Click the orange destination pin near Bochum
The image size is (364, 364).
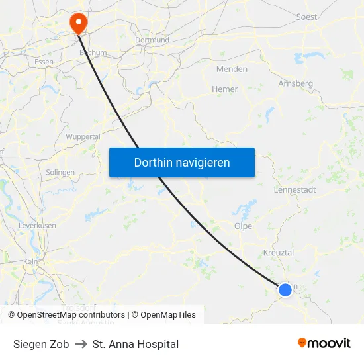[x=78, y=23]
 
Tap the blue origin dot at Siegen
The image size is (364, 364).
[x=285, y=289]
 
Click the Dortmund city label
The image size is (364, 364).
[x=152, y=40]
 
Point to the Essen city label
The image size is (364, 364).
[x=44, y=62]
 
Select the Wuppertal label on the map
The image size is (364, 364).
[x=83, y=136]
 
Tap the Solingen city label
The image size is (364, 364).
[x=60, y=172]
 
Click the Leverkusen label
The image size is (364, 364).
[x=37, y=226]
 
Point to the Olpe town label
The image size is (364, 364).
[x=243, y=226]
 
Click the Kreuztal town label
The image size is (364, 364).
[x=279, y=253]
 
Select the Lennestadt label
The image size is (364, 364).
[x=295, y=189]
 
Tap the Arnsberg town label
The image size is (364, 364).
[x=295, y=83]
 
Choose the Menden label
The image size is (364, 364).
[x=232, y=69]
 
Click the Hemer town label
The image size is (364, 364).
[x=224, y=89]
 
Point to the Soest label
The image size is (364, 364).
[x=307, y=17]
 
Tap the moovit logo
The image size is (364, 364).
[x=324, y=343]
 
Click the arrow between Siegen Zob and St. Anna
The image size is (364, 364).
[x=81, y=344]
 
